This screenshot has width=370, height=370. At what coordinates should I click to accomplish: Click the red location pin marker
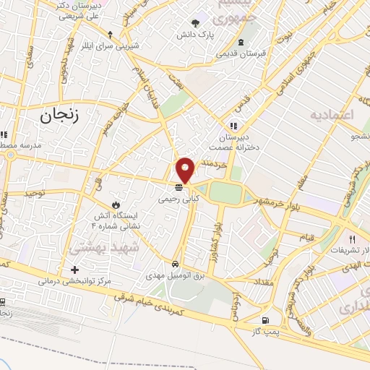pos(186,169)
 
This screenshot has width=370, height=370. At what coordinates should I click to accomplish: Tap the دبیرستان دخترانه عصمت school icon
pos(233,124)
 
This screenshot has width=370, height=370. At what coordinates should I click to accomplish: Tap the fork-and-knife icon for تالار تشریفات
pos(352,238)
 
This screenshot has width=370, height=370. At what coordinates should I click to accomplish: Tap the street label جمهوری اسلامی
pos(296,68)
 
